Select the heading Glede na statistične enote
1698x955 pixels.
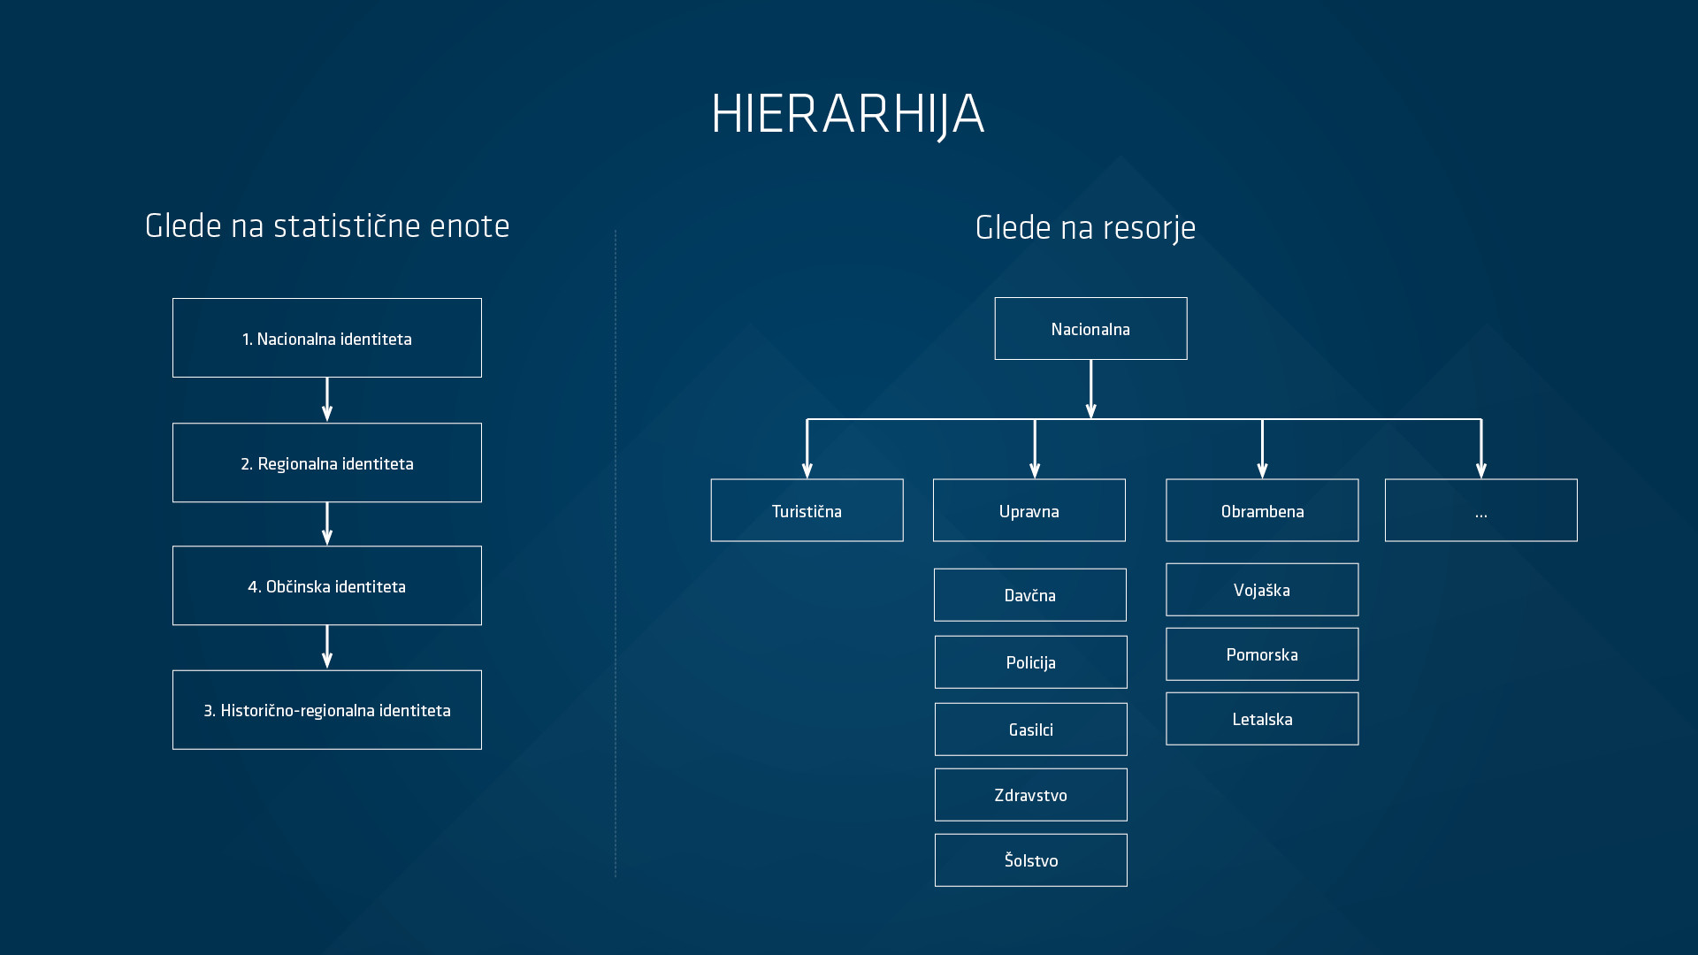click(x=327, y=226)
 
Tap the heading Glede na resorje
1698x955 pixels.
click(x=1085, y=228)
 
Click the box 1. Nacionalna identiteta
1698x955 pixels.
click(x=327, y=338)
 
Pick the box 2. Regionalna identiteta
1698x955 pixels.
click(x=327, y=462)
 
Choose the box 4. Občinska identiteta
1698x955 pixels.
click(x=327, y=585)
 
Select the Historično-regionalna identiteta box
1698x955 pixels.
click(x=327, y=710)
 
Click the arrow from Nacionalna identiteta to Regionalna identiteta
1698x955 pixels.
click(x=327, y=400)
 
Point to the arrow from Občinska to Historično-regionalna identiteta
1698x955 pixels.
click(x=327, y=647)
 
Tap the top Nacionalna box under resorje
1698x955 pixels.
click(x=1090, y=329)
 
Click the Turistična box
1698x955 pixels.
click(x=807, y=510)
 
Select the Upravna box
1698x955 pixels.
click(x=1029, y=510)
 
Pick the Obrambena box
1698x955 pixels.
click(x=1262, y=510)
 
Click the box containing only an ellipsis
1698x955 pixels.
click(x=1481, y=510)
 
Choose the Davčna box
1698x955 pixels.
click(x=1030, y=595)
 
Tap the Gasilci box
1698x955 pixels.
click(x=1031, y=730)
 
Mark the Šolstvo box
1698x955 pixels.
click(x=1031, y=860)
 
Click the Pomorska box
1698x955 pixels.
click(x=1262, y=654)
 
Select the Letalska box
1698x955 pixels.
click(x=1262, y=719)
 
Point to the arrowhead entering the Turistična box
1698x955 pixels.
click(x=807, y=470)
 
